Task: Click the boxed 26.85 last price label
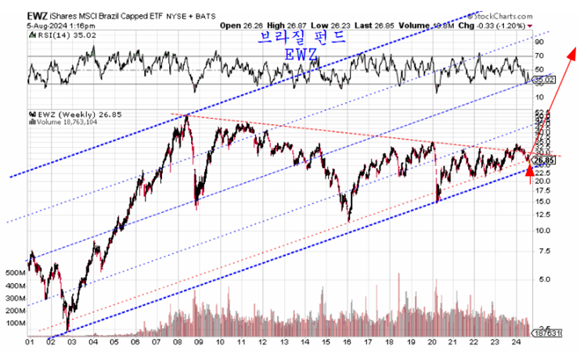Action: click(543, 160)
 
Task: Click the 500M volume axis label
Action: click(14, 273)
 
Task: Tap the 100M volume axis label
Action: click(14, 322)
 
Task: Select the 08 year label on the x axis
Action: click(178, 342)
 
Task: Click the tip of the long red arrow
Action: click(570, 49)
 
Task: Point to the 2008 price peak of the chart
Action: click(186, 116)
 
